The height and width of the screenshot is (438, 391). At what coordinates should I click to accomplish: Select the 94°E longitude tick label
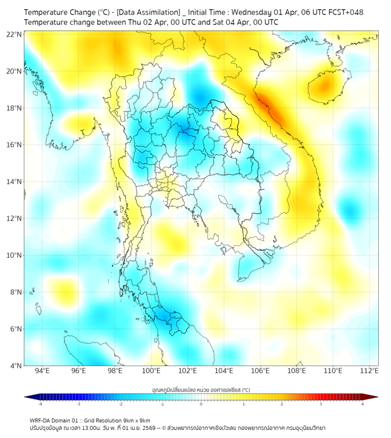coord(42,371)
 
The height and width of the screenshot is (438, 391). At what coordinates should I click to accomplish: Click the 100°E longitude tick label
coord(152,371)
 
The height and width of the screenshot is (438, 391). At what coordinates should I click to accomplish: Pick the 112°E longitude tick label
coord(370,371)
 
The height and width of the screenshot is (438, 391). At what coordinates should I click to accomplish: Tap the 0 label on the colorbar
coord(201,404)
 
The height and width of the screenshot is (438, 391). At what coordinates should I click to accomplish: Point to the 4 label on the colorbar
coord(363,404)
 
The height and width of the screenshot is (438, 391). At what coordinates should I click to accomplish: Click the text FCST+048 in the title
coord(345,12)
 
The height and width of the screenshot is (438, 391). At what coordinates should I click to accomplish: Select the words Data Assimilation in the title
coord(149,12)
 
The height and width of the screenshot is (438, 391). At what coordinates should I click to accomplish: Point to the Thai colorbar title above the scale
coord(201,389)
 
